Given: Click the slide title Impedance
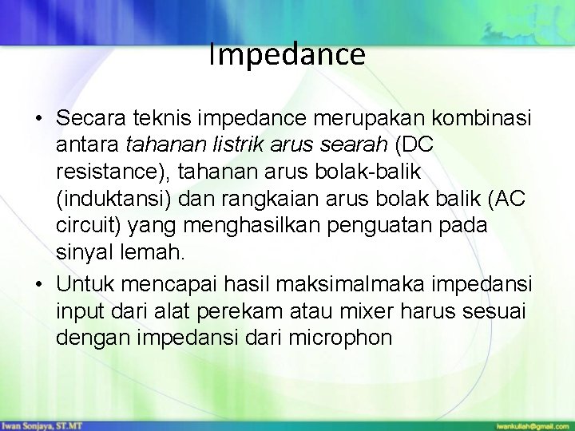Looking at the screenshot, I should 287,54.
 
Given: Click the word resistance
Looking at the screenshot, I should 112,172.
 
